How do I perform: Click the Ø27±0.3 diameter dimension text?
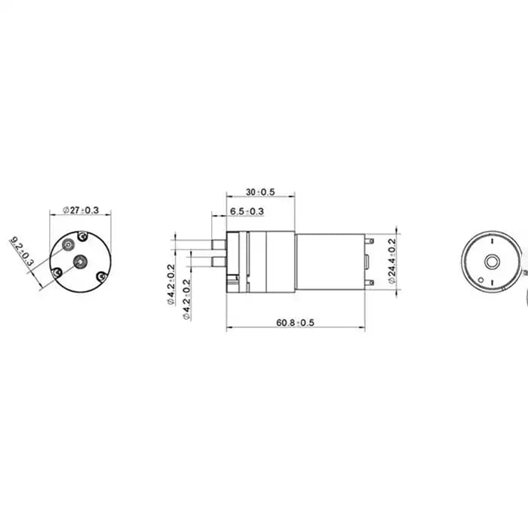81,210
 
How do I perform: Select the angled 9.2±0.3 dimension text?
22,251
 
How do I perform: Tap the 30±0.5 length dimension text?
260,192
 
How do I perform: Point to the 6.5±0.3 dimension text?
247,211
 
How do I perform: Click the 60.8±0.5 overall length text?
295,323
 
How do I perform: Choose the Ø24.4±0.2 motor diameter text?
392,261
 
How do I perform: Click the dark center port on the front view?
81,262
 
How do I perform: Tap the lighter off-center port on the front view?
69,245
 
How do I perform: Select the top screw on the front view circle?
82,236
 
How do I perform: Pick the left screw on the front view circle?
57,272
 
